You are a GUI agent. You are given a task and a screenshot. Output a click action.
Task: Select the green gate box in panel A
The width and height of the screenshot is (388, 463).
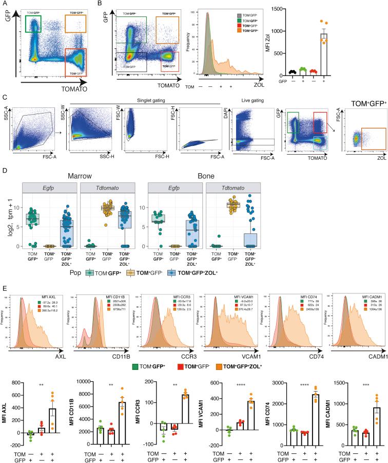tap(32, 23)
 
